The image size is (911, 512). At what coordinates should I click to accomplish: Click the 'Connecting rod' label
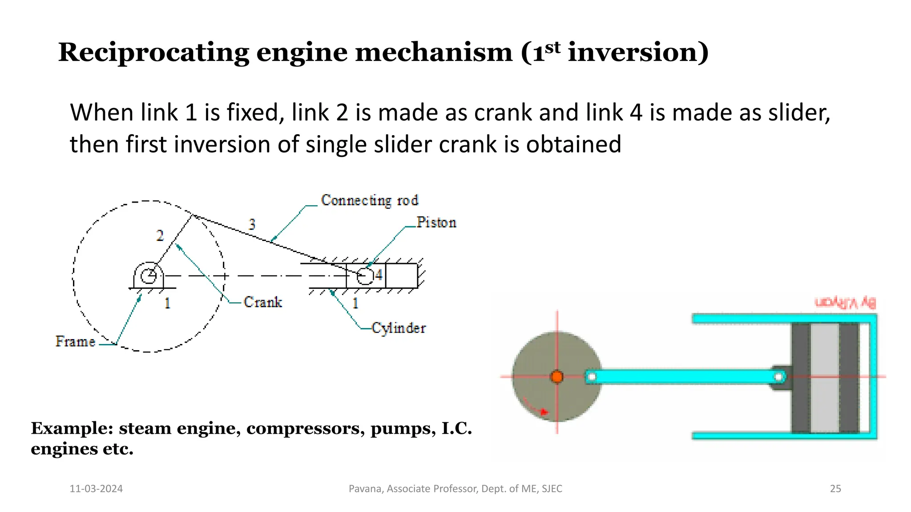click(370, 200)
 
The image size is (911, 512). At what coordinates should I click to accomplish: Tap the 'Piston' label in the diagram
click(436, 222)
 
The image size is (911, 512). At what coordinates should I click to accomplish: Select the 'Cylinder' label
click(399, 328)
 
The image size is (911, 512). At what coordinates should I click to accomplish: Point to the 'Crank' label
click(263, 302)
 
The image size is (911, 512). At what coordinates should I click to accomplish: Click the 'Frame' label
click(75, 341)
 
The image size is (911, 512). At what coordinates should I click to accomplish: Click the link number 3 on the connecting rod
click(252, 224)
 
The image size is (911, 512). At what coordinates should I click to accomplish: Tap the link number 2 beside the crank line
click(160, 236)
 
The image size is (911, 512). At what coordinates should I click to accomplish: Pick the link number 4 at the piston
click(379, 275)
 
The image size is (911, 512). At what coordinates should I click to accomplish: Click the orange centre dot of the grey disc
click(557, 377)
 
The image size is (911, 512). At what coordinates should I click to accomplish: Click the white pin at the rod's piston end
click(778, 377)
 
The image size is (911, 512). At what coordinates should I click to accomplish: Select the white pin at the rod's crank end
click(592, 377)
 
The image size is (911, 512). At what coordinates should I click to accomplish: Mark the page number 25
click(835, 488)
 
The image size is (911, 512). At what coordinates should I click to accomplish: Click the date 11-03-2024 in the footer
click(96, 488)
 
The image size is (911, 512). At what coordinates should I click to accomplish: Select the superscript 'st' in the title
click(553, 47)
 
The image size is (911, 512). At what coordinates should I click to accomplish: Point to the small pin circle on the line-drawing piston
click(365, 276)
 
